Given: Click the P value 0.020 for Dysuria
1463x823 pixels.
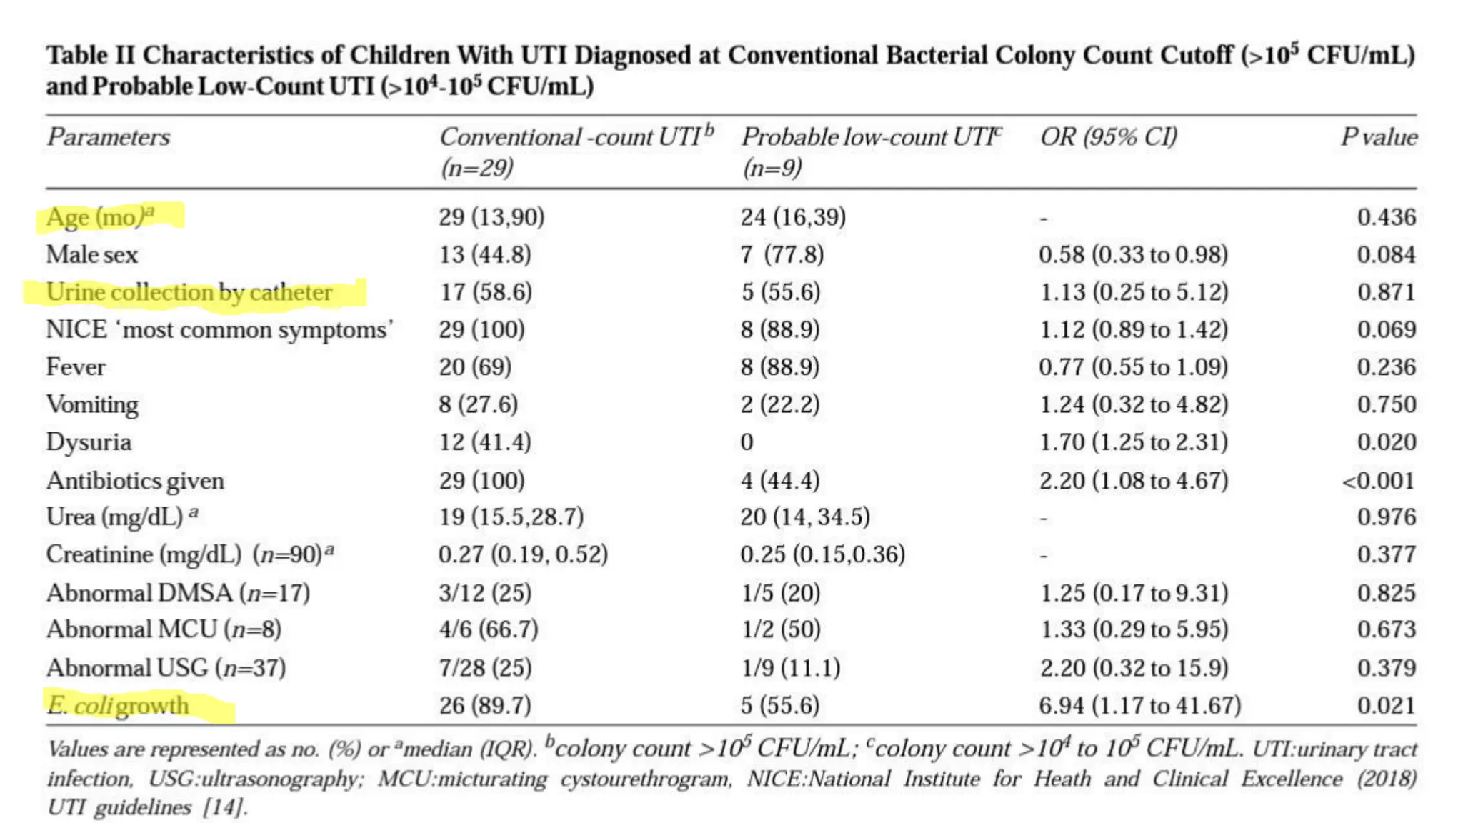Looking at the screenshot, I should click(x=1386, y=442).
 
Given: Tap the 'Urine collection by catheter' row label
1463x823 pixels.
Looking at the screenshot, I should click(x=189, y=292).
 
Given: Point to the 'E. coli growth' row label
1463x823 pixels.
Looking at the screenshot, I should click(x=118, y=706).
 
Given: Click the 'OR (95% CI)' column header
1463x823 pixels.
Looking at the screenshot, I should click(x=1108, y=136).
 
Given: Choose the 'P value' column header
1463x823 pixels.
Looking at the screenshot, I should click(x=1379, y=136).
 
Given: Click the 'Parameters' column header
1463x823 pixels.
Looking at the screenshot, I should click(x=109, y=136).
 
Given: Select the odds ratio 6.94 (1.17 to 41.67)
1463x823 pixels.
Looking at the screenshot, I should click(x=1139, y=706).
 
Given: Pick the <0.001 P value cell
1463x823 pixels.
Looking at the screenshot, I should click(x=1378, y=480).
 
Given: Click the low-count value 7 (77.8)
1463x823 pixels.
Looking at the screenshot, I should click(x=782, y=255).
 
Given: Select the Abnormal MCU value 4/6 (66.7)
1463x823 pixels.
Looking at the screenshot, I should click(x=489, y=629).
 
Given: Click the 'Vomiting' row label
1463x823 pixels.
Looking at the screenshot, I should click(x=92, y=404).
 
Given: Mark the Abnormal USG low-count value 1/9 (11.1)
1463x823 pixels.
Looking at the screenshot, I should click(x=790, y=668).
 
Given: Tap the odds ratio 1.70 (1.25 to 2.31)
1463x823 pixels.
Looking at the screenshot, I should click(x=1133, y=442).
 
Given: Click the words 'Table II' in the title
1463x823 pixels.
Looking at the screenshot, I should click(x=91, y=55).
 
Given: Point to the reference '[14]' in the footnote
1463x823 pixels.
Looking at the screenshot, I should click(x=225, y=807).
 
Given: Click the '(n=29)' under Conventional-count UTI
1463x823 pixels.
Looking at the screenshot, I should click(x=476, y=168).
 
